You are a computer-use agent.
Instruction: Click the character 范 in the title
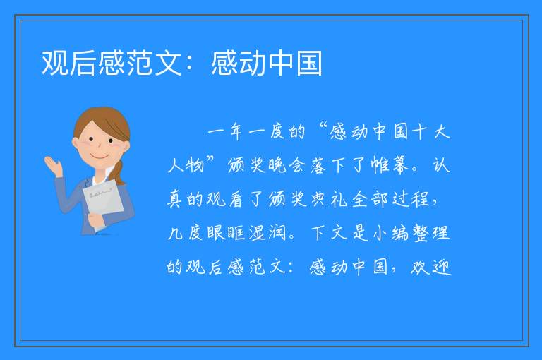140,63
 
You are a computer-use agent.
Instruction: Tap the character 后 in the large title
83,63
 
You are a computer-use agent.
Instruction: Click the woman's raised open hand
52,164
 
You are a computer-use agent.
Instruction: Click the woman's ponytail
119,172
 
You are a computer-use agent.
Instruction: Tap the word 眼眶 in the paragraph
227,233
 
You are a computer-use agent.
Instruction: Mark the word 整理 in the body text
430,233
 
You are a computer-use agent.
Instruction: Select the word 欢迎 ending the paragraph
430,267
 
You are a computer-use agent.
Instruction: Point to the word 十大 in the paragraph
430,132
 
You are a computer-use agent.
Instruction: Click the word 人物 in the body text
186,165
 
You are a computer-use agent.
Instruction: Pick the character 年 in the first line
236,132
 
